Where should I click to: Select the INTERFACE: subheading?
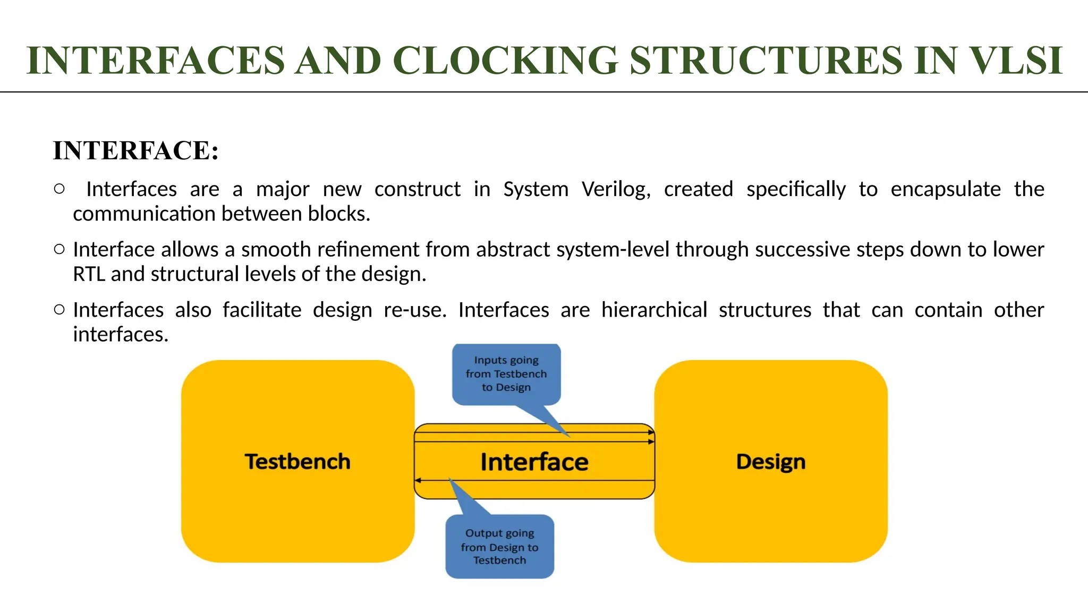coord(136,150)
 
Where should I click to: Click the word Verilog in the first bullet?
coord(616,189)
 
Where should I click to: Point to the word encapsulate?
coord(945,189)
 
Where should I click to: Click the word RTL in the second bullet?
coord(89,274)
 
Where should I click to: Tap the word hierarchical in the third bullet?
coord(654,310)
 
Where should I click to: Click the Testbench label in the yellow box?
coord(297,461)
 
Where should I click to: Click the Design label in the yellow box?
coord(770,461)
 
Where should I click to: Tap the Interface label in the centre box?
coord(534,462)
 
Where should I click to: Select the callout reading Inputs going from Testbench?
coord(506,374)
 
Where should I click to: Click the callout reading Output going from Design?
coord(499,546)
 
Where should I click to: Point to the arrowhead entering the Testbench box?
coord(418,480)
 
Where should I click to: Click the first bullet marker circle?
coord(59,189)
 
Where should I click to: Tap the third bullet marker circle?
coord(59,309)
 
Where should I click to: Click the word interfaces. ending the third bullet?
coord(121,335)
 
